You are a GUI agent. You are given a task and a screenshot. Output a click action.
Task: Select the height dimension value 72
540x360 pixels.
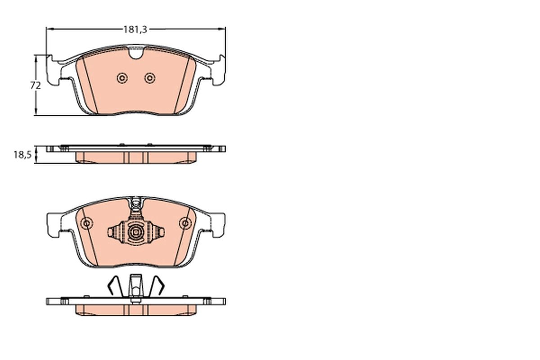click(36, 85)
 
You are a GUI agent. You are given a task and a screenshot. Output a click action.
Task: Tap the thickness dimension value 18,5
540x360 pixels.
click(22, 155)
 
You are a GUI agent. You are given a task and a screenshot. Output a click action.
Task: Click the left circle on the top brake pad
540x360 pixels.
click(121, 78)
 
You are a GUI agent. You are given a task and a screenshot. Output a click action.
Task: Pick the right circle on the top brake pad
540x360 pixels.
click(149, 78)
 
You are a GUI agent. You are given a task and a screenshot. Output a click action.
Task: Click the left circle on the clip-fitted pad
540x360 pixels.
click(86, 223)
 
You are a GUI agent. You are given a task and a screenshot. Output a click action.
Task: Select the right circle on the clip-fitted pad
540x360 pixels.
click(184, 223)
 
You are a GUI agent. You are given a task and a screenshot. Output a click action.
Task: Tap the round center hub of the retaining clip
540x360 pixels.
click(135, 232)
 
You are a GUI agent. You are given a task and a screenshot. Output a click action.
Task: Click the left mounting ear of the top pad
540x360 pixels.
click(53, 71)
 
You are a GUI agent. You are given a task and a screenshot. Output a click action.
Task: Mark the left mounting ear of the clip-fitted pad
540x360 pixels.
click(53, 224)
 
